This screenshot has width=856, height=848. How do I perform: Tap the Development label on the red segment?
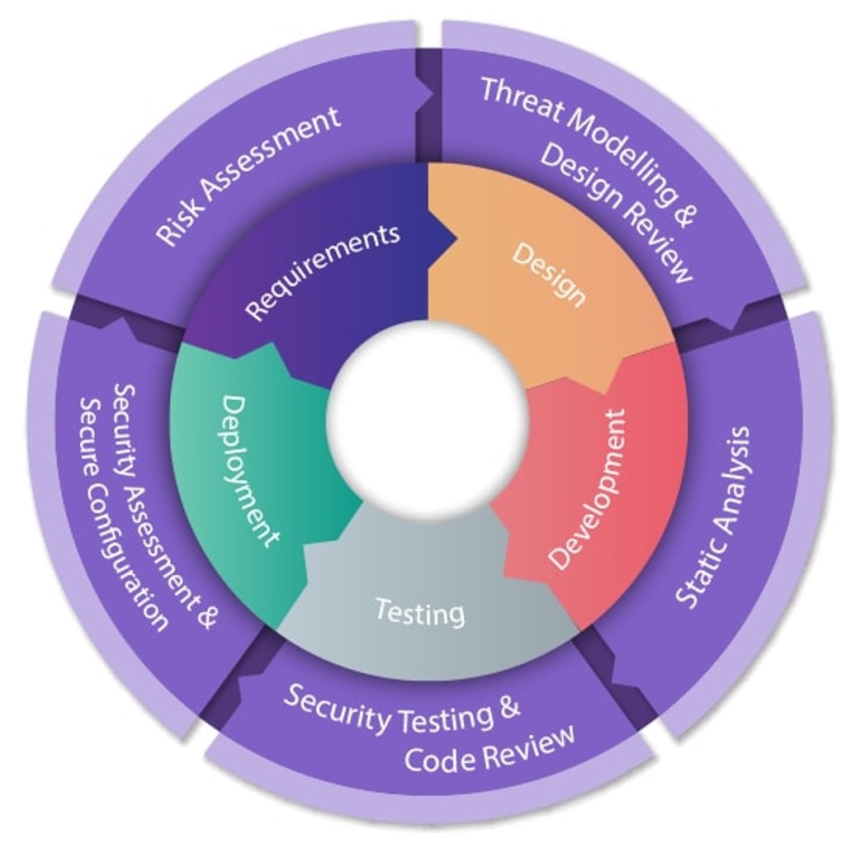[x=588, y=489]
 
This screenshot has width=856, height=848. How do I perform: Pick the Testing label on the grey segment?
[x=419, y=612]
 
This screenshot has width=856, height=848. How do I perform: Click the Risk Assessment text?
[x=248, y=175]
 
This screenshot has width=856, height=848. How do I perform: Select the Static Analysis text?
[x=714, y=516]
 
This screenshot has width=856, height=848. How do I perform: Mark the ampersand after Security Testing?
[x=509, y=708]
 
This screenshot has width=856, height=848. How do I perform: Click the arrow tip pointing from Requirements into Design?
[x=453, y=241]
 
